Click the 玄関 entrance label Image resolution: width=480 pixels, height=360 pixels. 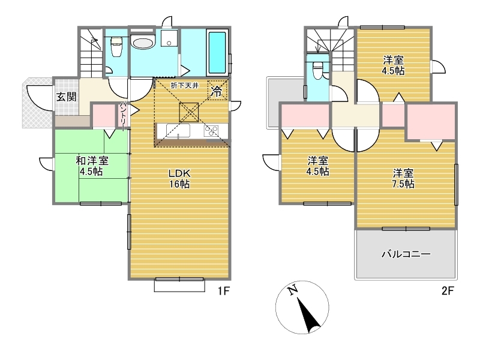point(67,97)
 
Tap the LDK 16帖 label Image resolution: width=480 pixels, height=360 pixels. point(179,178)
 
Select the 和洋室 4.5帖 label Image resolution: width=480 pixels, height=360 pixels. point(92,166)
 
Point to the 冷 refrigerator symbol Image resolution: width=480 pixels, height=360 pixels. point(217,91)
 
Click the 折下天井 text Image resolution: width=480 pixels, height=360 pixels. point(185,85)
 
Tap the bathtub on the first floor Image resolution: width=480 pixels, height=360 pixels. point(217,52)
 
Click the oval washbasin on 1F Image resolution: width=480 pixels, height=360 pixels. point(143,42)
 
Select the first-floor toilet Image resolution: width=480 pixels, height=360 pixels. point(116,47)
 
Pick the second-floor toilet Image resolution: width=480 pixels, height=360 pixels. point(318,70)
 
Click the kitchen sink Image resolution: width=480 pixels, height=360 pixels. point(178,131)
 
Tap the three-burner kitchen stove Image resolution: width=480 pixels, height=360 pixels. point(211,131)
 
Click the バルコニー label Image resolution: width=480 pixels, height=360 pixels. point(406,254)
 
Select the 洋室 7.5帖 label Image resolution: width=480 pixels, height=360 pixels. point(403,178)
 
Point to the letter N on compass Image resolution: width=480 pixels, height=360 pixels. point(293,290)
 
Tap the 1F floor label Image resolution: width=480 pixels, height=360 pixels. point(224,290)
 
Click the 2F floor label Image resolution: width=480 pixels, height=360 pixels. point(447,290)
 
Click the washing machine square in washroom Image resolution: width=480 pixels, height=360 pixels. point(169,38)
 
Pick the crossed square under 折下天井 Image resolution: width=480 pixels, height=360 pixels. point(189,112)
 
